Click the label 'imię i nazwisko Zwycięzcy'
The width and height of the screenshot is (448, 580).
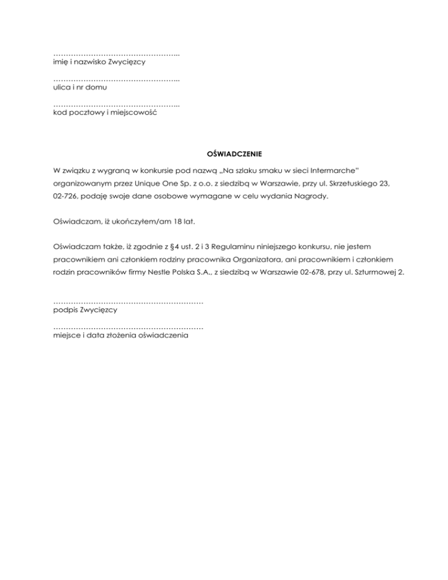(x=99, y=61)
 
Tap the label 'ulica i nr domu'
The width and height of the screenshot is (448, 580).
(x=80, y=87)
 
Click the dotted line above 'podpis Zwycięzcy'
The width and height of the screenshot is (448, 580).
(x=128, y=302)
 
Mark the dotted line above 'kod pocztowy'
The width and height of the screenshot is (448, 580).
(x=116, y=105)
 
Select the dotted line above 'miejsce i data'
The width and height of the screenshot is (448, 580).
(x=128, y=328)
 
